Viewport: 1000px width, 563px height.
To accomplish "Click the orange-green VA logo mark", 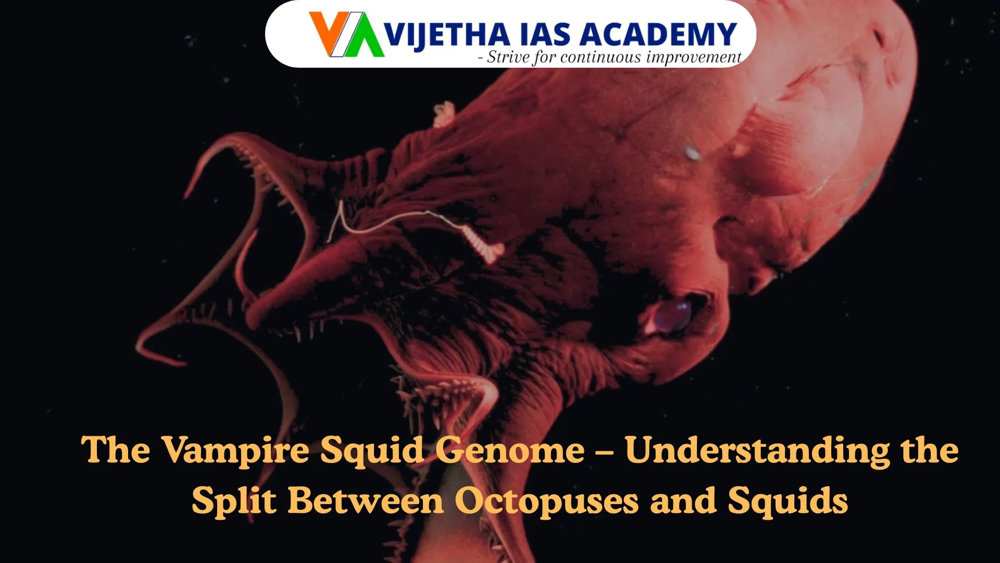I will [x=346, y=34].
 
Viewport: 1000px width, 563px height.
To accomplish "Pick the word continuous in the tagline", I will [x=601, y=57].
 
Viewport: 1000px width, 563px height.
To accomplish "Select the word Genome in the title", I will [x=510, y=450].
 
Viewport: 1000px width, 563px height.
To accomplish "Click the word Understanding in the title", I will [x=757, y=450].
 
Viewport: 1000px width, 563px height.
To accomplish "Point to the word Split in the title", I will [x=234, y=501].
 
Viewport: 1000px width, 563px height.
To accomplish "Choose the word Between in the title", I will [x=366, y=501].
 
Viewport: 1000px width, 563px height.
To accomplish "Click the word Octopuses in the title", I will [x=546, y=501].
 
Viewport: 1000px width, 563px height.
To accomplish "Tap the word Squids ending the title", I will [x=787, y=501].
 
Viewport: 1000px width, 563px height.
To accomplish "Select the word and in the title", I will [x=683, y=501].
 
